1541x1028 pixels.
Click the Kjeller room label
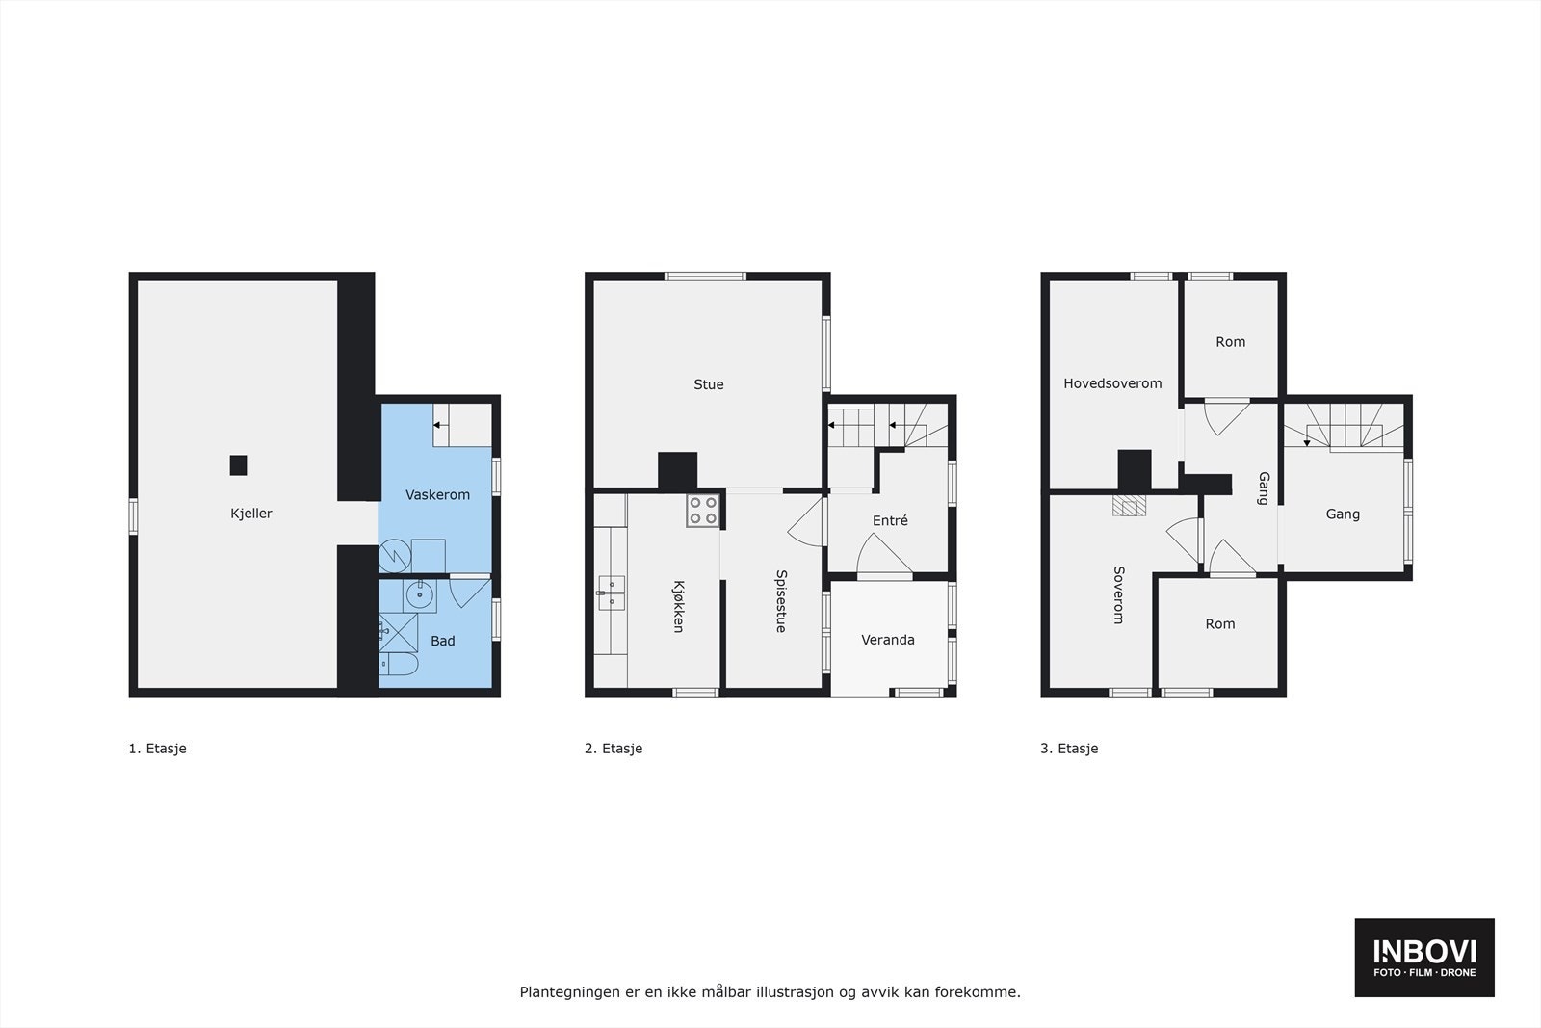(251, 514)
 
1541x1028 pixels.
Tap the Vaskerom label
(437, 495)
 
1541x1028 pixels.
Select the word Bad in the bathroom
(443, 641)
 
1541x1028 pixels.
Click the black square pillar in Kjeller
(238, 465)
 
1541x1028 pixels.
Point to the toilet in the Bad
(396, 665)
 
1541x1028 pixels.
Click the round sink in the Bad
(419, 595)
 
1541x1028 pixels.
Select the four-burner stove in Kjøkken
(703, 511)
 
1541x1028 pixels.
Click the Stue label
(709, 384)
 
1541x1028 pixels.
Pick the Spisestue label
(781, 601)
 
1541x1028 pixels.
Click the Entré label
(890, 521)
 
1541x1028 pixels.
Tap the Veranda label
(888, 640)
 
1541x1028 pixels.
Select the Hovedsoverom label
(1112, 383)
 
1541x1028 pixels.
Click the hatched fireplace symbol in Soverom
(1130, 506)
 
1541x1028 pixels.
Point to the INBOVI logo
(1424, 957)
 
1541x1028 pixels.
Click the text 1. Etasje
(157, 749)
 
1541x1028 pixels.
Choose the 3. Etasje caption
(1069, 749)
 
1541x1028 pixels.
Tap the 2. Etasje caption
(614, 749)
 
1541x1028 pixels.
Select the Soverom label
(1118, 594)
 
